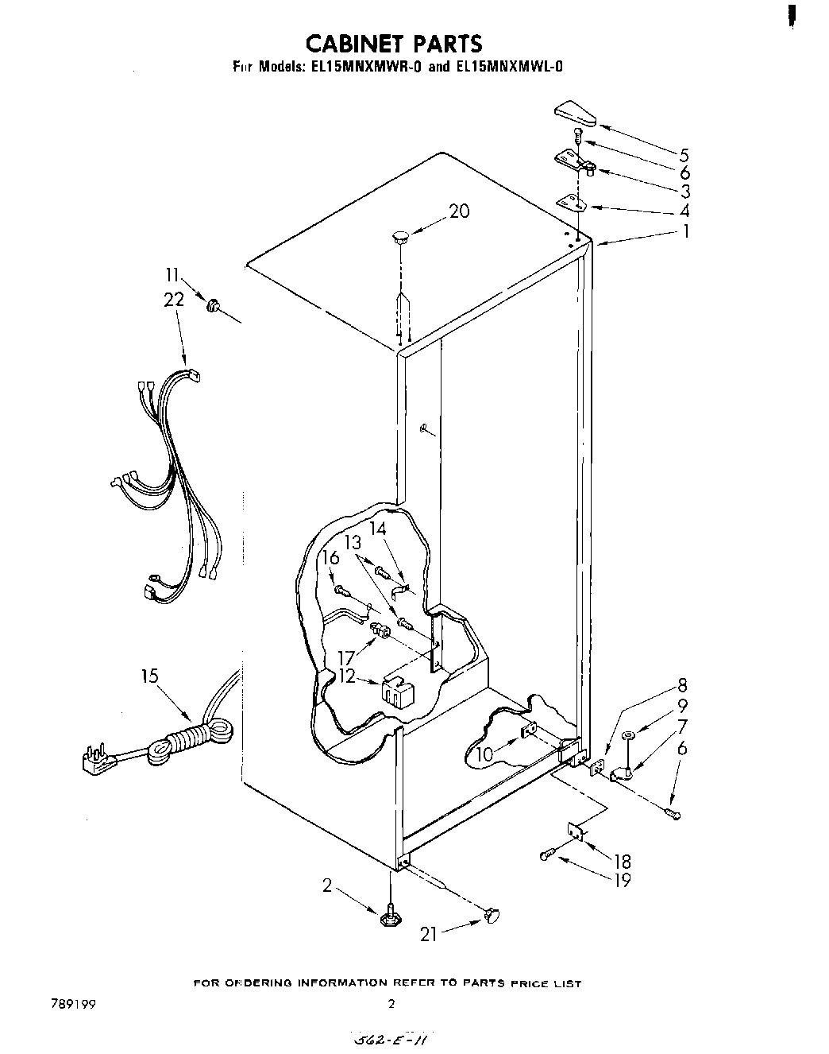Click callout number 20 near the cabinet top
point(459,211)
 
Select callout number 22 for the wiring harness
point(174,300)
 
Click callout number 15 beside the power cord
point(149,676)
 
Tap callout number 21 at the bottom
point(429,935)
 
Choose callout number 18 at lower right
point(622,861)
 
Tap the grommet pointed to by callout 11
point(213,304)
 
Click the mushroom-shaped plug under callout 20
point(400,235)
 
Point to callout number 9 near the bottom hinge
point(682,706)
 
